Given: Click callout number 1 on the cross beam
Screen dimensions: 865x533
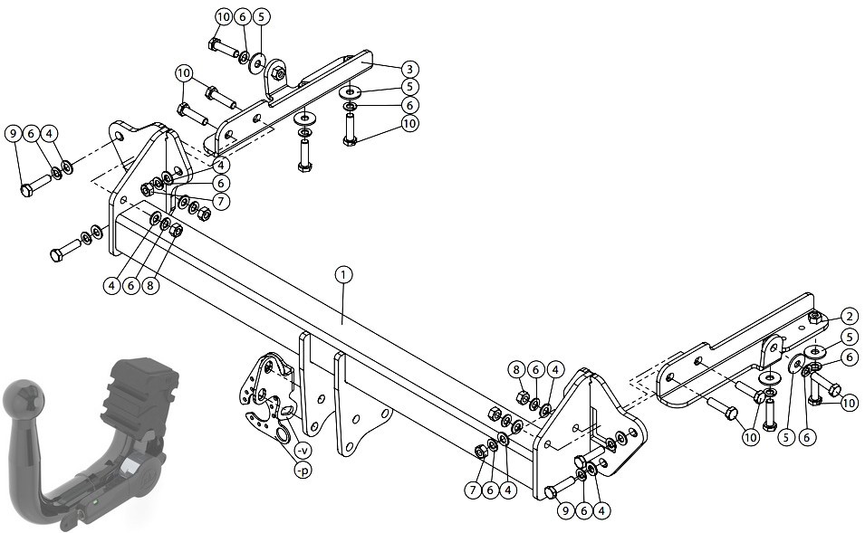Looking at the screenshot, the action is [342, 275].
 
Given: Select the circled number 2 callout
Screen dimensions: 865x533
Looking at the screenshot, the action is [850, 317].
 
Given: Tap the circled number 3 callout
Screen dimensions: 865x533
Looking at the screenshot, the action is [408, 70].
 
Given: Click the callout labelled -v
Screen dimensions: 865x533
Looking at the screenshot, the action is [303, 451].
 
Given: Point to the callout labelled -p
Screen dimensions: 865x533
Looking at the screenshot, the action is [303, 471].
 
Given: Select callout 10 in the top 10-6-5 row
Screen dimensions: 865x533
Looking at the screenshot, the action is [224, 17].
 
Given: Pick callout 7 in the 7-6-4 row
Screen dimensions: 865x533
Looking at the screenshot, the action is [473, 490].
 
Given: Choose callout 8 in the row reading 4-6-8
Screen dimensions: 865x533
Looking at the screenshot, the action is [150, 286].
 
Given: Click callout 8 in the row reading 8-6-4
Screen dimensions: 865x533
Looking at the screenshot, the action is [517, 369].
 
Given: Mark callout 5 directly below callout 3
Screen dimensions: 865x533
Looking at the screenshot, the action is [408, 87].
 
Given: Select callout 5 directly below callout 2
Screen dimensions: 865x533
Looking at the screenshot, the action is [850, 338].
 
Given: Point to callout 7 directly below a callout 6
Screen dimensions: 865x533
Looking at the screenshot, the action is [221, 201].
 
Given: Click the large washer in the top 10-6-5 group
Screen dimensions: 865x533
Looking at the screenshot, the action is [257, 63].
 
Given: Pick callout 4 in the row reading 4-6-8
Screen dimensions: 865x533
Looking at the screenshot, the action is [112, 286].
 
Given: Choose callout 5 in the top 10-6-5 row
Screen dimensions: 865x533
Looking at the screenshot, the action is [261, 17].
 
